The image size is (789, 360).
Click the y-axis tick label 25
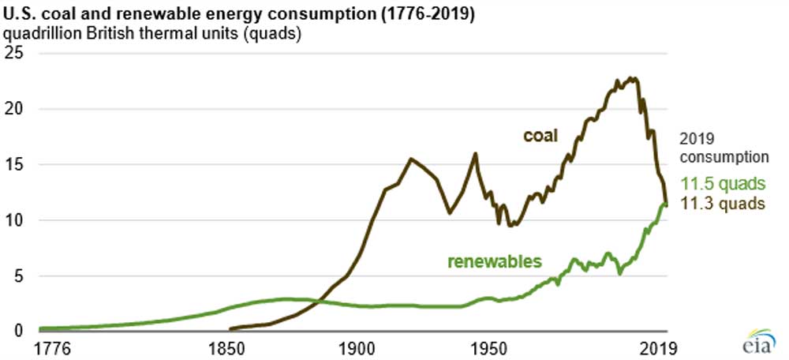[x=15, y=54]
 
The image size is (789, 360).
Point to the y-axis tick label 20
[x=15, y=109]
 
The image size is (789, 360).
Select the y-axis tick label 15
[x=15, y=164]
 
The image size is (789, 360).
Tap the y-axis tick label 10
[x=15, y=220]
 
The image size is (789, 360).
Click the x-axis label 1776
[x=54, y=348]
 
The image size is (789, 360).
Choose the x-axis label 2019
[x=660, y=348]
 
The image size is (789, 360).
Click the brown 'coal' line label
[x=540, y=136]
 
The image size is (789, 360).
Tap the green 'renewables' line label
[x=495, y=261]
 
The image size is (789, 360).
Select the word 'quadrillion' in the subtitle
[x=43, y=33]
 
